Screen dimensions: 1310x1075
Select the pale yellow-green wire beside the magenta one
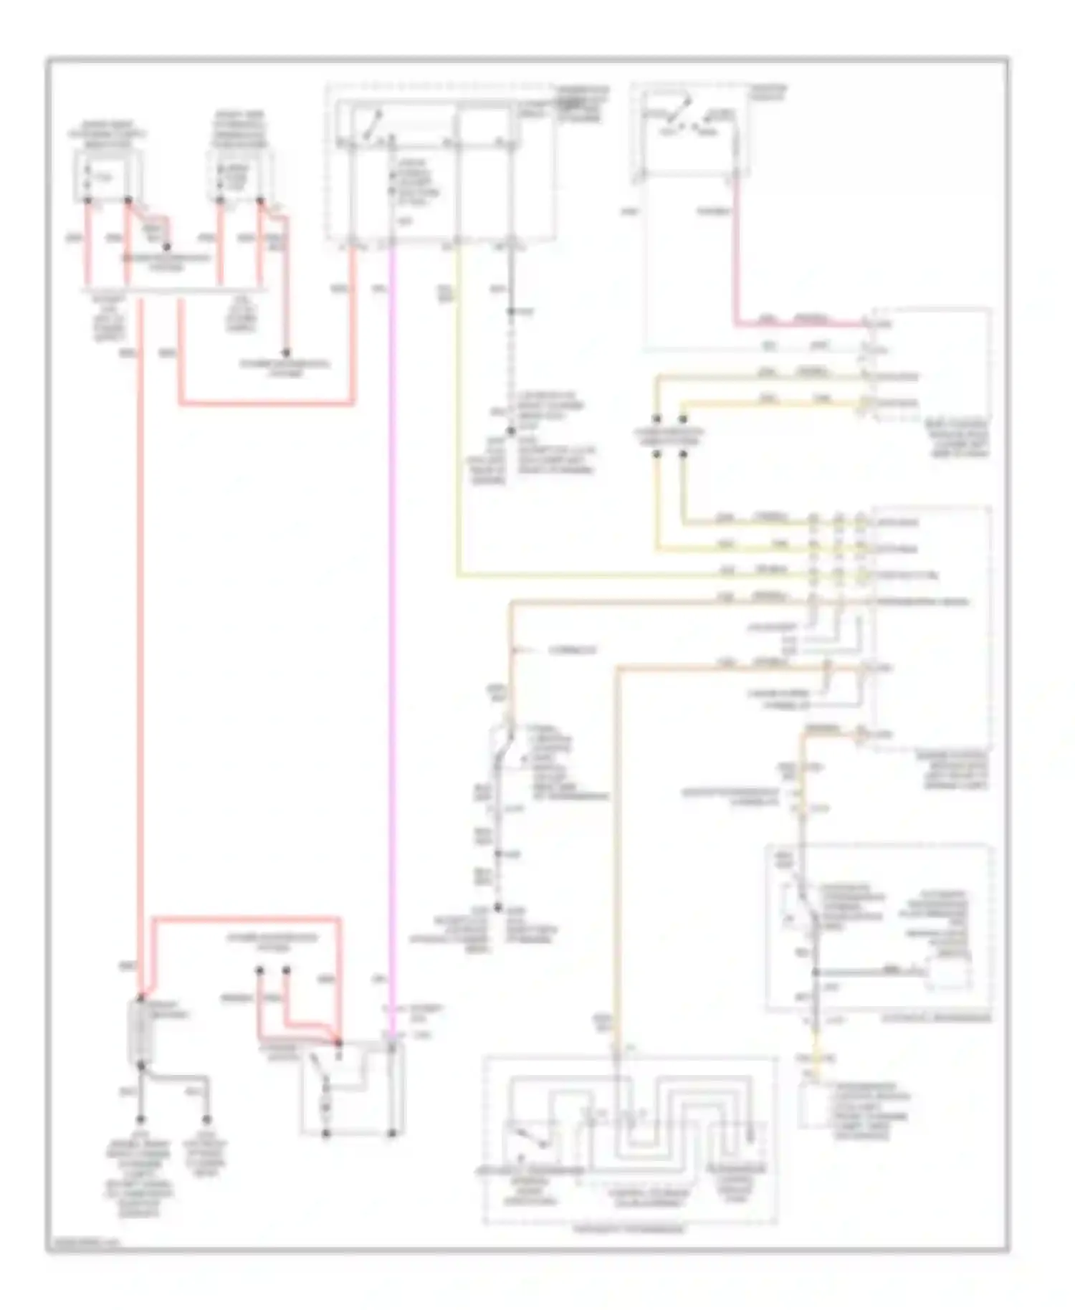457,430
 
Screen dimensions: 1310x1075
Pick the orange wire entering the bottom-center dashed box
617,860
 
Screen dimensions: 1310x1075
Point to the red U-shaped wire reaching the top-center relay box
265,404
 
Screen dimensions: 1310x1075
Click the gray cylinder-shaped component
139,1032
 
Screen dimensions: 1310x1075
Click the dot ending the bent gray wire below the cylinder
206,1119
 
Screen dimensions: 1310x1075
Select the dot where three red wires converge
339,1042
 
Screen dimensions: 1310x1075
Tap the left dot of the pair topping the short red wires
259,971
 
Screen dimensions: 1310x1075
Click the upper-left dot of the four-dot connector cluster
656,419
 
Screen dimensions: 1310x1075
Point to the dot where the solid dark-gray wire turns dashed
511,312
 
